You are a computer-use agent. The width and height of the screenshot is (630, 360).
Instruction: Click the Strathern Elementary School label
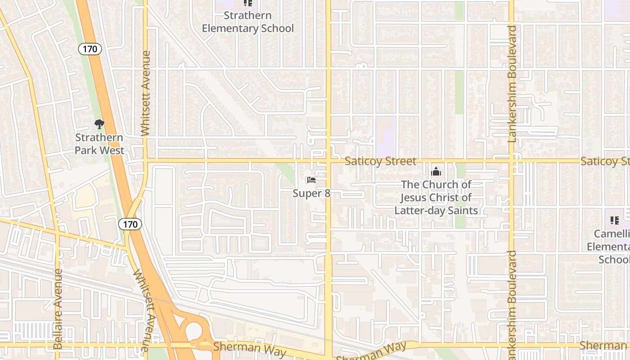(247, 22)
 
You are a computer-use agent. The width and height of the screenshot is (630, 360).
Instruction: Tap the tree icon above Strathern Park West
(99, 124)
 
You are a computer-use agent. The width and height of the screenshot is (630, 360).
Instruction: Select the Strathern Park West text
(99, 144)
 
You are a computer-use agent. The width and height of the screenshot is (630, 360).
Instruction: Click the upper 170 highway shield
(90, 49)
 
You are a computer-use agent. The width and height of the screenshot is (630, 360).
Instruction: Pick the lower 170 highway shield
(130, 224)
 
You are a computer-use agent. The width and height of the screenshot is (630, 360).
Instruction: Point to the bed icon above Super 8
(311, 180)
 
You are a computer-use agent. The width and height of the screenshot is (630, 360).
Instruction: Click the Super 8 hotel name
(311, 193)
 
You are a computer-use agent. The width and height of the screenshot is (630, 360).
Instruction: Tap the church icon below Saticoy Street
(436, 171)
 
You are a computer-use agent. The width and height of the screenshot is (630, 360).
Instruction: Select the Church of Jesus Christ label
(436, 198)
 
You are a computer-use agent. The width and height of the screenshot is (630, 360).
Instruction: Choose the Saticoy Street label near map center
(380, 161)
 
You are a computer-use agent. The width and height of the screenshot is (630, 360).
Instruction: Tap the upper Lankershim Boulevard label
(512, 84)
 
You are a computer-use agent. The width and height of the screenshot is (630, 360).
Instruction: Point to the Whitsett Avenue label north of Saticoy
(145, 93)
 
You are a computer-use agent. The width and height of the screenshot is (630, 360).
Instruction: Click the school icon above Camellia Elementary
(614, 220)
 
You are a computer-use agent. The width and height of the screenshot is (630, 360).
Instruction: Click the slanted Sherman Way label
(371, 351)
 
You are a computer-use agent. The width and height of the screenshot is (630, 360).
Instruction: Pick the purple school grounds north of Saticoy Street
(386, 130)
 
